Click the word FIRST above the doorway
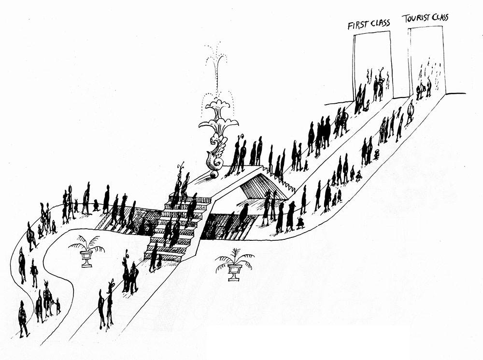click(x=357, y=25)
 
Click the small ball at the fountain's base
click(x=213, y=175)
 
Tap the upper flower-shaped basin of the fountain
click(x=218, y=108)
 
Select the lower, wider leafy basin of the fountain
click(x=218, y=126)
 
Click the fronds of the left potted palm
click(x=86, y=243)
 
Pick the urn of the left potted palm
click(x=86, y=259)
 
